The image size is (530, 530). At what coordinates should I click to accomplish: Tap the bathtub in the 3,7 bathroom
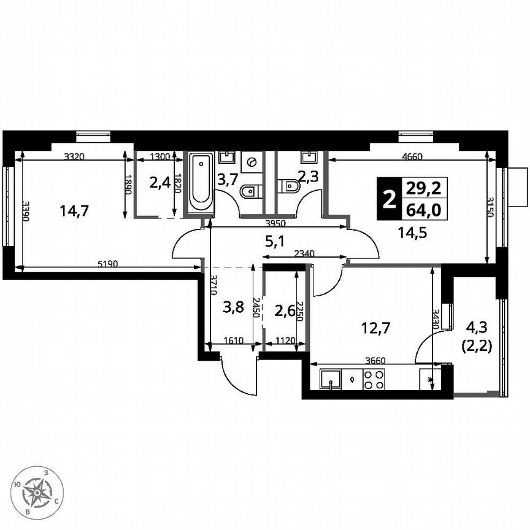tap(201, 182)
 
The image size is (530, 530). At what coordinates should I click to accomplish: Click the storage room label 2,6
tap(284, 311)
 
